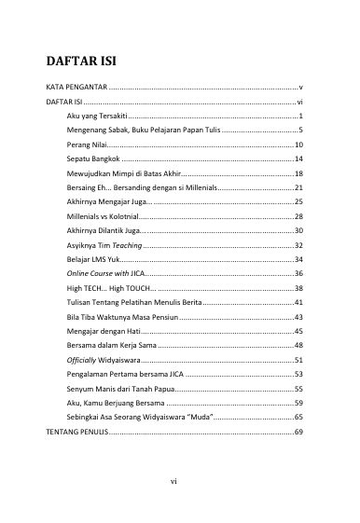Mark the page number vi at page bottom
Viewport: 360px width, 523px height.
(173, 481)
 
